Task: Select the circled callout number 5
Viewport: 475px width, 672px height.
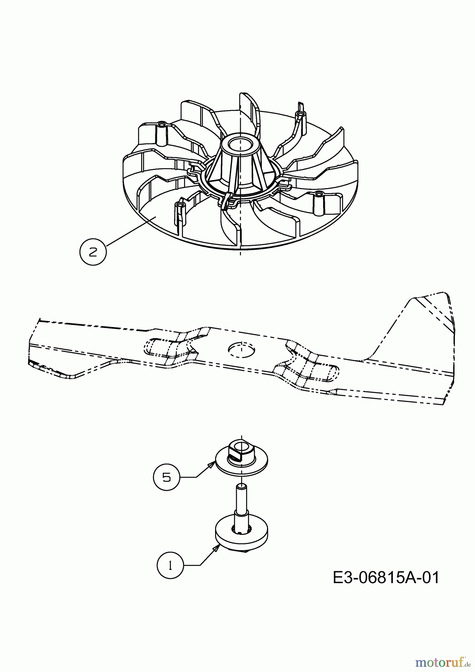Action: tap(167, 477)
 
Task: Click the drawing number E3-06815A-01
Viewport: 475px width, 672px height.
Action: tap(386, 578)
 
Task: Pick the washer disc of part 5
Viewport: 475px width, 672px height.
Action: tap(242, 463)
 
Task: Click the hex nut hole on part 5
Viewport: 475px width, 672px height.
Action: tap(242, 446)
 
